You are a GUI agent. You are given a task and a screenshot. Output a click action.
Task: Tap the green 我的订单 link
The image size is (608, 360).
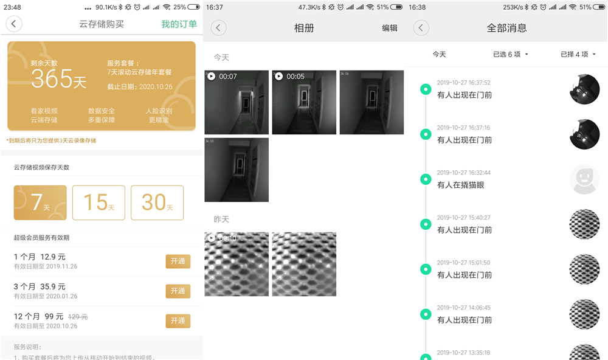(x=179, y=24)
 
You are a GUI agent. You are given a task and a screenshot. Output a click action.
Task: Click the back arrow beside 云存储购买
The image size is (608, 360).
(x=13, y=24)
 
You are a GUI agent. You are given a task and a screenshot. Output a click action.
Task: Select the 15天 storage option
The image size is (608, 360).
(x=98, y=202)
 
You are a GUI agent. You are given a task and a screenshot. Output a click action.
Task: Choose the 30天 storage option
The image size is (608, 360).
(x=157, y=202)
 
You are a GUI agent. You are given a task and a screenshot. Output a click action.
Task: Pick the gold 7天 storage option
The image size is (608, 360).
(x=40, y=202)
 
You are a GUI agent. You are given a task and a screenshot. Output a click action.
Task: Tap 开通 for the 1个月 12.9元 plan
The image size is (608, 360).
(x=178, y=261)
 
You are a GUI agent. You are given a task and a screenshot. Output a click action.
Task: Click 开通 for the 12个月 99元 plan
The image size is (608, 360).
(x=178, y=321)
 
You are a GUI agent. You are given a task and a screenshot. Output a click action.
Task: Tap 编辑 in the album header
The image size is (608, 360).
(x=390, y=28)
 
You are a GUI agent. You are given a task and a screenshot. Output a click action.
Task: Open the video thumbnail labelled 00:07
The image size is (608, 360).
(x=237, y=102)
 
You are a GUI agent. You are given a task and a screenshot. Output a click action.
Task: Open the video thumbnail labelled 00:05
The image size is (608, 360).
(x=304, y=102)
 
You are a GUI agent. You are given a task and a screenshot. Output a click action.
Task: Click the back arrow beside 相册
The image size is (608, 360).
(x=218, y=28)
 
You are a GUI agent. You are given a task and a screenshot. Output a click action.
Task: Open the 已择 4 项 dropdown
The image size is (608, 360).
(x=578, y=54)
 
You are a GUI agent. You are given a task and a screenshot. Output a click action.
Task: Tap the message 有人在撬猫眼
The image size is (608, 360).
(x=461, y=185)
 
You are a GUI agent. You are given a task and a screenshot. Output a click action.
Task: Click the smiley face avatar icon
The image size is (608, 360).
(x=584, y=179)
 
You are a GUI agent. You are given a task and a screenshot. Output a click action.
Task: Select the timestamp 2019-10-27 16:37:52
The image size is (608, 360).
(x=463, y=83)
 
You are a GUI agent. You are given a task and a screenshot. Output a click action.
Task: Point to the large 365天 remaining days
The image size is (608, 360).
(x=58, y=78)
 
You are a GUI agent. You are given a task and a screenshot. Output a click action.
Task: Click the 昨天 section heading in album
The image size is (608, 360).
(x=221, y=219)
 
